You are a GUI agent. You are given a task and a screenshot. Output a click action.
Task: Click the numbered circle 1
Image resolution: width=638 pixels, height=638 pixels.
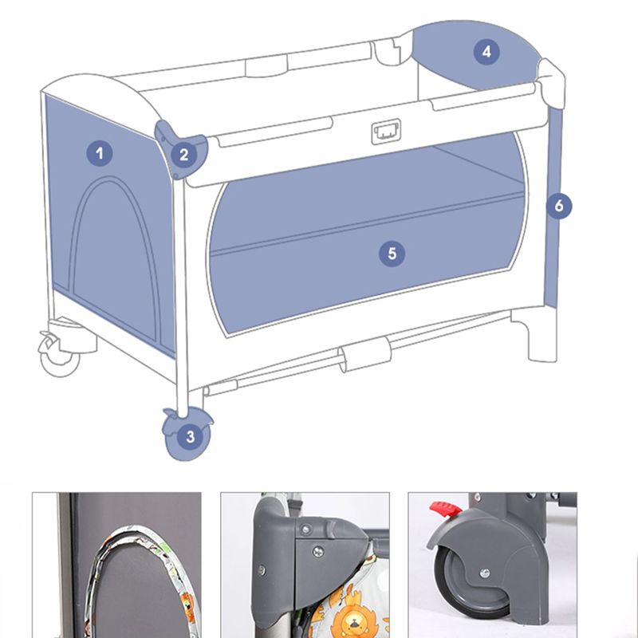coord(100,153)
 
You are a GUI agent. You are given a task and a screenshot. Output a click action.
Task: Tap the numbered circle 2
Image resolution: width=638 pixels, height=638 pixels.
coord(184,155)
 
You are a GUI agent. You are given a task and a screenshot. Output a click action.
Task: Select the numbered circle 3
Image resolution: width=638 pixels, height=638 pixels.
coord(191,437)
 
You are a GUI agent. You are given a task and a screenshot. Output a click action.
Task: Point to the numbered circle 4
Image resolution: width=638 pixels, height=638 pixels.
coord(486,52)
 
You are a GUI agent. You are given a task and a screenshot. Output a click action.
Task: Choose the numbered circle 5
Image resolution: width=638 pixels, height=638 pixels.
coord(392,254)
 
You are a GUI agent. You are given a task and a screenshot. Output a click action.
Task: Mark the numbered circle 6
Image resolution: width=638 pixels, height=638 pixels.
coord(559,206)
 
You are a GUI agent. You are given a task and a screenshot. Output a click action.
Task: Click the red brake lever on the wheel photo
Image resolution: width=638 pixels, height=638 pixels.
coord(445,509)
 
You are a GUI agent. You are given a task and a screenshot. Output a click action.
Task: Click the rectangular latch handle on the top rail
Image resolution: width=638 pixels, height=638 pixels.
coord(386,132)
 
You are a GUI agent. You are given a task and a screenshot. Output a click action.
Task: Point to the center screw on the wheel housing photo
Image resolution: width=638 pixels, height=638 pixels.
coord(485,573)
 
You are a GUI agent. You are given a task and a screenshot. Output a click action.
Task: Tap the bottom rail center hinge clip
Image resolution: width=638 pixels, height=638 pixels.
coord(365,354)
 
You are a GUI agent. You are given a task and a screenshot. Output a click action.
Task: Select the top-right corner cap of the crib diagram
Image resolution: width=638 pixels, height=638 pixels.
coord(552,84)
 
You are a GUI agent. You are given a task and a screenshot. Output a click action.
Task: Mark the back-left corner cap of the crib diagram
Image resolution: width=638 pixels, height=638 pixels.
coord(388,52)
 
